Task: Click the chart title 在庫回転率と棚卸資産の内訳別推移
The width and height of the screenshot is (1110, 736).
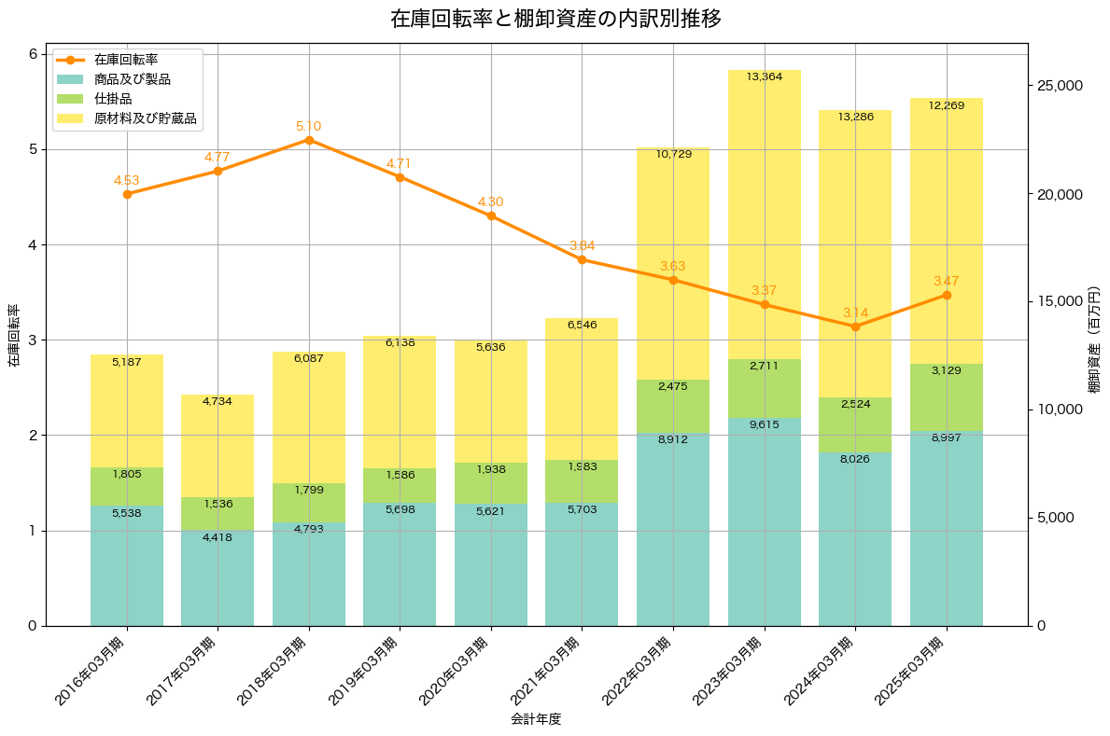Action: pos(555,20)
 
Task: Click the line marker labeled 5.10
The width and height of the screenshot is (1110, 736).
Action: pos(309,140)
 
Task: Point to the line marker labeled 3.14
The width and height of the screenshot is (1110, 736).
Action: pos(855,326)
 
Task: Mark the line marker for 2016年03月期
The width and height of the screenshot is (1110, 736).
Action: pos(127,194)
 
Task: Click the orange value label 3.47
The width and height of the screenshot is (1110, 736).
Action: pos(946,281)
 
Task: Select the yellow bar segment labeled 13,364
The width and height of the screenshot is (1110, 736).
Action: pos(765,215)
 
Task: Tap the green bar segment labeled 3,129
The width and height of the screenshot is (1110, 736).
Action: pos(947,397)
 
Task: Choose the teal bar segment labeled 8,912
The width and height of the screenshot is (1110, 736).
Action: pos(673,530)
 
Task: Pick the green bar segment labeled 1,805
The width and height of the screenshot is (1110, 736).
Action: pos(127,486)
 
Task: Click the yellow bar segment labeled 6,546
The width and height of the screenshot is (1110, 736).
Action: pos(582,389)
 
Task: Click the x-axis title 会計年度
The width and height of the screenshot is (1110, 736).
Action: pos(536,719)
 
